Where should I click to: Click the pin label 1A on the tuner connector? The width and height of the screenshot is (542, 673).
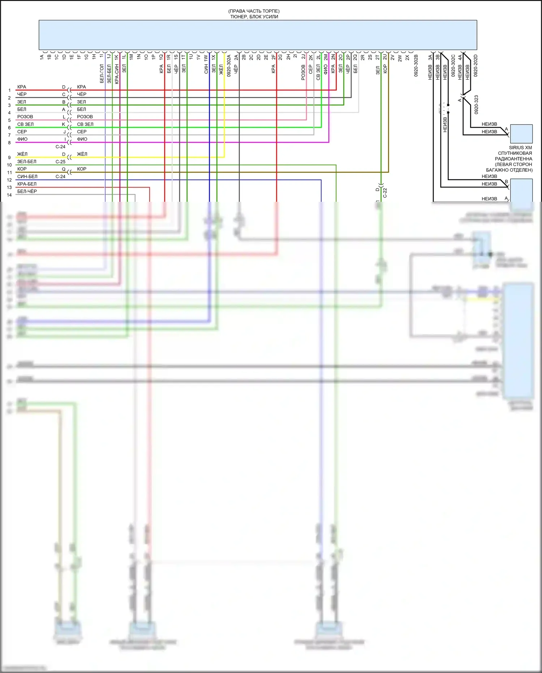(x=42, y=57)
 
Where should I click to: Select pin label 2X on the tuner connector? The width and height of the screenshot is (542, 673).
(x=407, y=57)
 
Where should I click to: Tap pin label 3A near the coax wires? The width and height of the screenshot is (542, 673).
(x=430, y=57)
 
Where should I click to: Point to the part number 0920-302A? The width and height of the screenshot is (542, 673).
(x=229, y=65)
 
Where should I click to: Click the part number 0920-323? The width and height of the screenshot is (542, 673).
(x=476, y=105)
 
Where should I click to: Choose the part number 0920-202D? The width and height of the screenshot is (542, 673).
(x=476, y=65)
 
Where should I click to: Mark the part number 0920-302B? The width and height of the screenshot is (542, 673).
(x=416, y=65)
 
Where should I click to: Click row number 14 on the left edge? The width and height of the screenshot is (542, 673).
(x=9, y=195)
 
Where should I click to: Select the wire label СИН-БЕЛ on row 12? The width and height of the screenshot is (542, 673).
(x=27, y=176)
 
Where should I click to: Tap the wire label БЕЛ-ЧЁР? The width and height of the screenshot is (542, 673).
(x=27, y=191)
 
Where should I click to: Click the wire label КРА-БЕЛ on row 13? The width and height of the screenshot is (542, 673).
(x=27, y=184)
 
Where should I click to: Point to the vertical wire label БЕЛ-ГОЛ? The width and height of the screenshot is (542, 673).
(x=102, y=73)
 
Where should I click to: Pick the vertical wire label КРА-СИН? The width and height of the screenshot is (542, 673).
(x=117, y=74)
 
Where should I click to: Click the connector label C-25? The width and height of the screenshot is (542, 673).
(x=60, y=162)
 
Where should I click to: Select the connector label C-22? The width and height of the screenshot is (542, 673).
(x=385, y=193)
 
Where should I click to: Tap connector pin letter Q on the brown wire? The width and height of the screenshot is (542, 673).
(x=64, y=169)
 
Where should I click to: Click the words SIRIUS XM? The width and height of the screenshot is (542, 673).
(x=520, y=148)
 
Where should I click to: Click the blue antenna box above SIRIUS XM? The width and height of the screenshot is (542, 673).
(x=521, y=133)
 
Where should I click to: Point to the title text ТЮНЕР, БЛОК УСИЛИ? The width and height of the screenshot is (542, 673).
(x=254, y=17)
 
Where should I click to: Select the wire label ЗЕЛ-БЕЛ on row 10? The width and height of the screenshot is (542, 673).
(x=27, y=162)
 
